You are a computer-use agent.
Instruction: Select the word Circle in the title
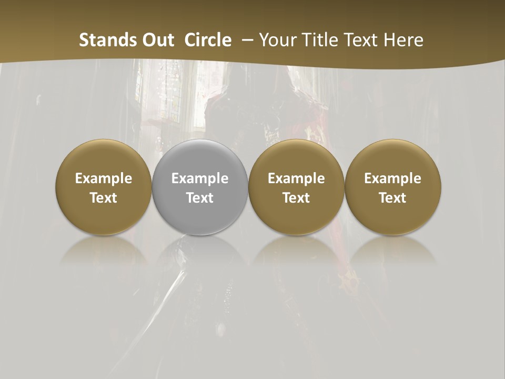(x=208, y=40)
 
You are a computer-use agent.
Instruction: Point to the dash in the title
(x=245, y=41)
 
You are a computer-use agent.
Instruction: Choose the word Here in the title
(x=404, y=40)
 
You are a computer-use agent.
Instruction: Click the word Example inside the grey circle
(x=200, y=178)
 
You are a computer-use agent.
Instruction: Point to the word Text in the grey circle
(x=200, y=198)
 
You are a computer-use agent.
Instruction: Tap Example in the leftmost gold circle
(x=104, y=178)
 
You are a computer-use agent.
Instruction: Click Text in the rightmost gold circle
(x=392, y=198)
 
